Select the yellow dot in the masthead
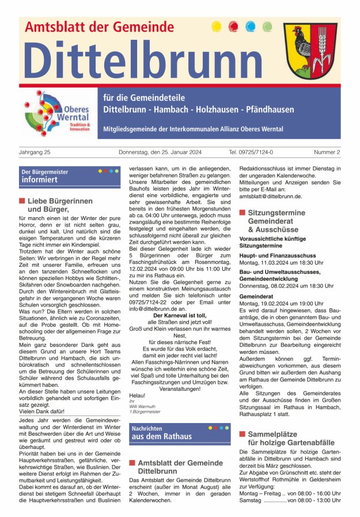click(217, 27)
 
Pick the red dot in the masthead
click(233, 27)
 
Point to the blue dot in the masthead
click(250, 27)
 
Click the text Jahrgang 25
click(35, 152)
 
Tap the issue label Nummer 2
click(327, 152)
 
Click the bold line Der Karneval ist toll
click(176, 316)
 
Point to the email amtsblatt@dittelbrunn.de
click(270, 196)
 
